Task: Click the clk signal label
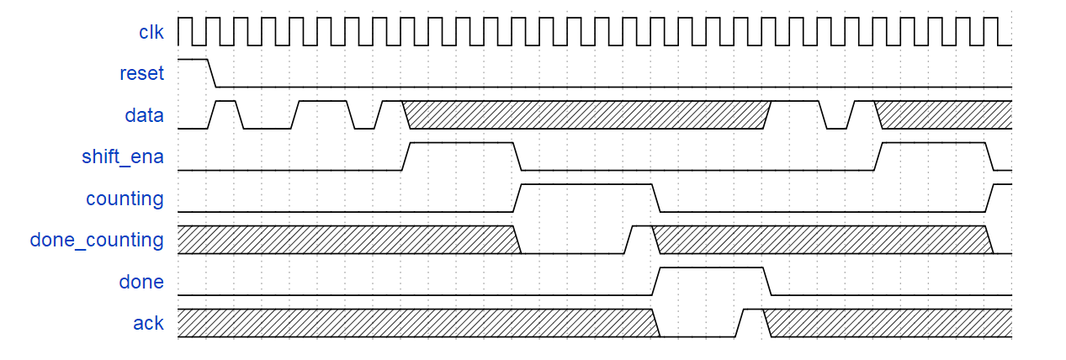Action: [x=151, y=32]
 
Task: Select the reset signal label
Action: [x=141, y=73]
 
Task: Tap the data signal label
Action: [x=145, y=115]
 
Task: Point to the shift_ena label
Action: [x=123, y=156]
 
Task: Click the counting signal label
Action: [x=125, y=199]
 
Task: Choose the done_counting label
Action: [x=97, y=240]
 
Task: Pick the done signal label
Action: [x=141, y=282]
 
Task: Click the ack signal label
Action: [x=148, y=323]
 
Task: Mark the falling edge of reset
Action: [x=212, y=73]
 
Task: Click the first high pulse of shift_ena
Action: [x=462, y=145]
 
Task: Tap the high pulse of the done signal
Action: [x=712, y=269]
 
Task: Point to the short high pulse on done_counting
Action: [x=641, y=228]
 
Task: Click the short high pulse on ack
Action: [x=753, y=311]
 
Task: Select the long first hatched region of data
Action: [x=587, y=115]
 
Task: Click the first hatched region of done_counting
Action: [x=347, y=240]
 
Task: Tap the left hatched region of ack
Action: [x=416, y=323]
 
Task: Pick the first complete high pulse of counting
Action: [x=587, y=186]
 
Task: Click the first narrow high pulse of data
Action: [x=226, y=103]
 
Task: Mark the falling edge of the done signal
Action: [x=767, y=282]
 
